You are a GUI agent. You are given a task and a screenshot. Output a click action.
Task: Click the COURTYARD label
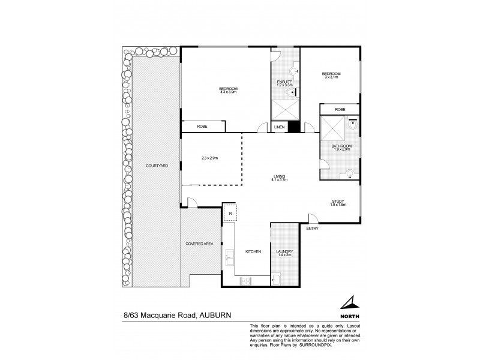click(x=155, y=166)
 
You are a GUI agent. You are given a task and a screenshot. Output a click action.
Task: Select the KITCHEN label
click(x=253, y=252)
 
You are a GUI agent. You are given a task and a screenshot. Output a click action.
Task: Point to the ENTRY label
click(x=312, y=229)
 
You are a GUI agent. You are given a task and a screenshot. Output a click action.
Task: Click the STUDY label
click(x=339, y=202)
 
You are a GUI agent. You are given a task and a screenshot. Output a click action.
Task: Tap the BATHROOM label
click(x=343, y=146)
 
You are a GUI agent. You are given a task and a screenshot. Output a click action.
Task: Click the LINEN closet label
click(x=279, y=127)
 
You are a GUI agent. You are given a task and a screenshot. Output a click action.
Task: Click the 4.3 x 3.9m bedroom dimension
click(x=229, y=92)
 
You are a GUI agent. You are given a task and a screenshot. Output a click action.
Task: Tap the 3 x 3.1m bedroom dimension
click(x=331, y=76)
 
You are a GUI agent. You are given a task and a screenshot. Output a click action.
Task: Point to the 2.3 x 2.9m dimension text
click(x=210, y=159)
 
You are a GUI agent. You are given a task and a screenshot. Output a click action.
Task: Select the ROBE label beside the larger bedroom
click(x=203, y=127)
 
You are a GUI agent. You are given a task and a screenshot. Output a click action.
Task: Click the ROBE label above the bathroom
click(x=340, y=109)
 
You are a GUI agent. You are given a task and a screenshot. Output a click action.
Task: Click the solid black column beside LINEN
click(x=294, y=127)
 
